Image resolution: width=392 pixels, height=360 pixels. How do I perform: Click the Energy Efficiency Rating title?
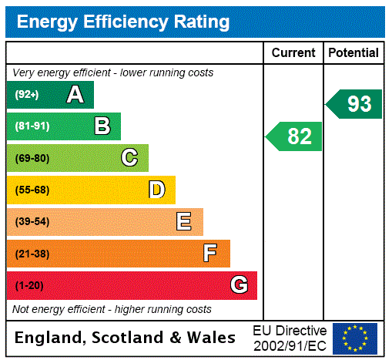122,22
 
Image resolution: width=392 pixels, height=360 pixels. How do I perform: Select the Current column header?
293,53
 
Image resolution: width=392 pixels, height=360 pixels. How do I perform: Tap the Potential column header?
353,53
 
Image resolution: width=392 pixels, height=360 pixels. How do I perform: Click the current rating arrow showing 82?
295,136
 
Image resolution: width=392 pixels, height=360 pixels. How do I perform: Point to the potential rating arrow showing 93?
354,104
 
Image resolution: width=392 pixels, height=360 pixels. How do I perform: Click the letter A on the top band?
75,95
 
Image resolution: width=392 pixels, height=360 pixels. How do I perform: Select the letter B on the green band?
102,126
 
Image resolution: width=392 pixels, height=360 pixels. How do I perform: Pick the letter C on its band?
129,158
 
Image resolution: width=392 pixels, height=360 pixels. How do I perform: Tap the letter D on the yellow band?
156,190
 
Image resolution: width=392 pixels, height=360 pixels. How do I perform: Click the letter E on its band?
184,222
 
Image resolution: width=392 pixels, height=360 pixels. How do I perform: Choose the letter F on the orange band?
210,254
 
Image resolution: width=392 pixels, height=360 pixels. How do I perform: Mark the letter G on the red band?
239,286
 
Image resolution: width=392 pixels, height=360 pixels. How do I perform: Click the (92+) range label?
27,95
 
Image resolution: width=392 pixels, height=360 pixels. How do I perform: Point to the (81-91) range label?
32,126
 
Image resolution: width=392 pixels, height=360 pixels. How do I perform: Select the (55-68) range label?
32,190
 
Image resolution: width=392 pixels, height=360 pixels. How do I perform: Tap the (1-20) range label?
29,286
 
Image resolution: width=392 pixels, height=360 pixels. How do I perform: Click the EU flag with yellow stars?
355,338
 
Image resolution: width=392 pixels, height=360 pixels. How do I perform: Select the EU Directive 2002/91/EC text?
290,338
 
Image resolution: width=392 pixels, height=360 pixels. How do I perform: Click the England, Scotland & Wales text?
126,338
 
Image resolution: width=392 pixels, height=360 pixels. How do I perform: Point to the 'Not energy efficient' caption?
112,309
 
